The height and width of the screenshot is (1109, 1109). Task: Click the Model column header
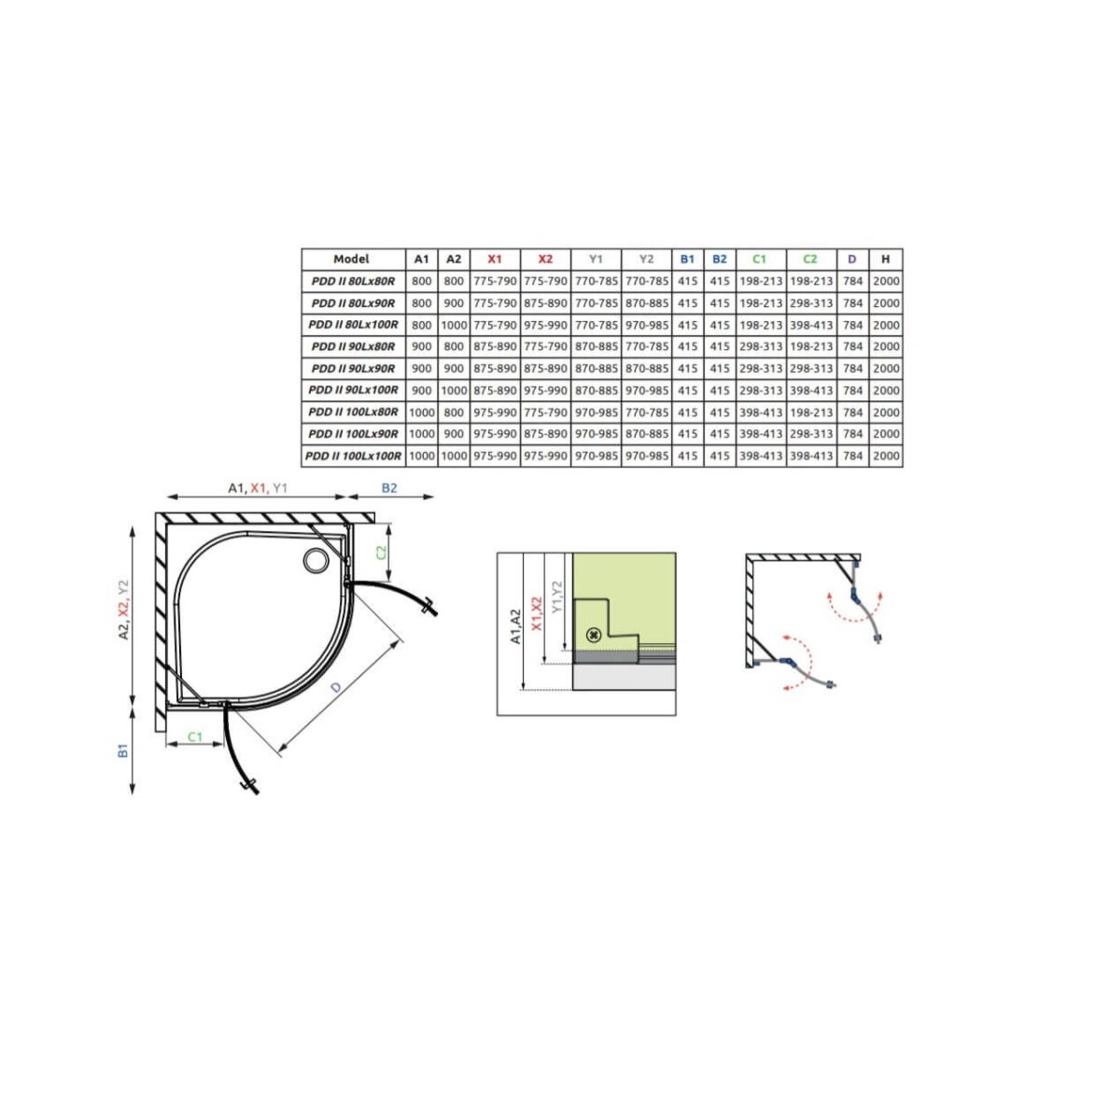[352, 259]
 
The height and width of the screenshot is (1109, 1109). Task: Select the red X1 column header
[495, 259]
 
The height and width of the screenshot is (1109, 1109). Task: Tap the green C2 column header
[810, 259]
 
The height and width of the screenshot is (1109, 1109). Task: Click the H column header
[886, 259]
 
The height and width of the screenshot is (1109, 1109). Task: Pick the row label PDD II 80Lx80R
[353, 281]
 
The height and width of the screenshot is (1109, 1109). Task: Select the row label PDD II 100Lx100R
[353, 456]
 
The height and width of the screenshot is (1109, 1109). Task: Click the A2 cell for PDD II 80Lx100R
[454, 326]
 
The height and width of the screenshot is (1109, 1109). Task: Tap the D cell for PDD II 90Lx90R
[852, 369]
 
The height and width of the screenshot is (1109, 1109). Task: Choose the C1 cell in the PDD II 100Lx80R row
[760, 413]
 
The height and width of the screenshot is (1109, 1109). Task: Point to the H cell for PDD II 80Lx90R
[886, 302]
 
